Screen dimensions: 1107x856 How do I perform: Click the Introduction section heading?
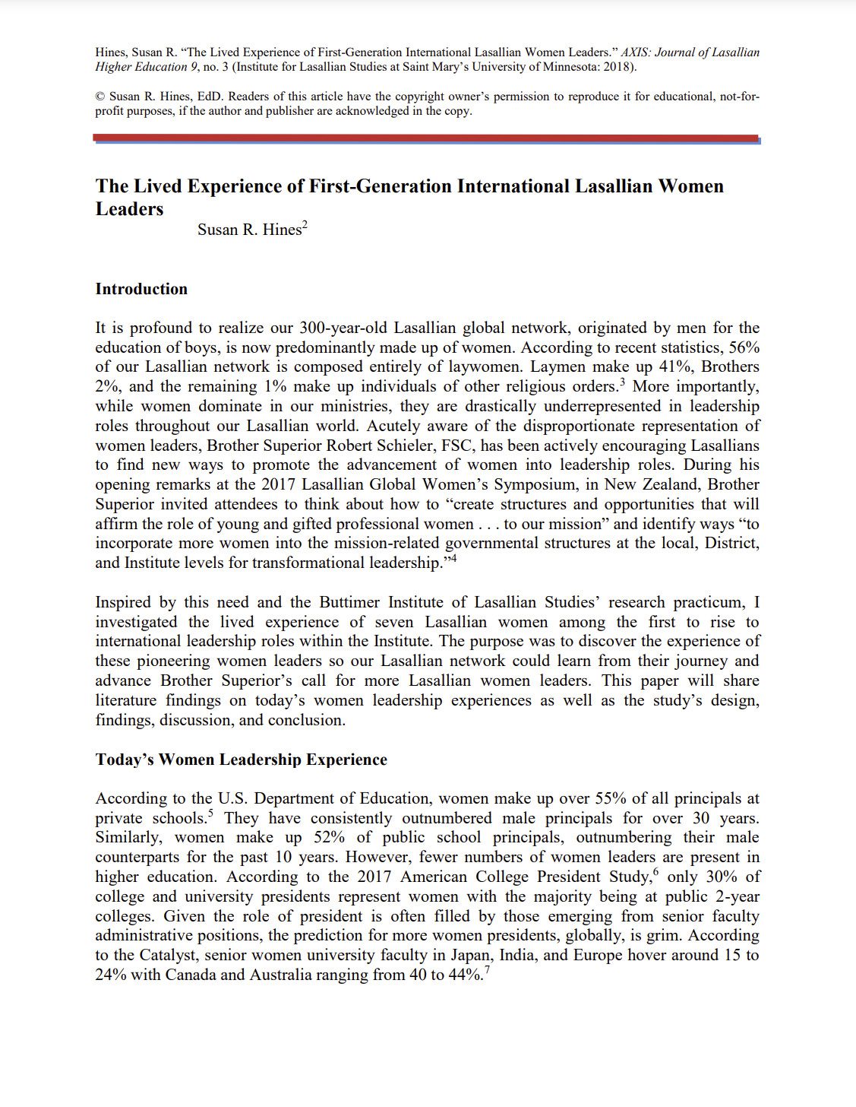coord(141,289)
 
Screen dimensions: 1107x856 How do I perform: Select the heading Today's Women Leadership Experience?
coord(241,760)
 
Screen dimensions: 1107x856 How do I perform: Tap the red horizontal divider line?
coord(425,138)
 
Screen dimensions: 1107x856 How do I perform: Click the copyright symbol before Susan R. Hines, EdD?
coord(99,97)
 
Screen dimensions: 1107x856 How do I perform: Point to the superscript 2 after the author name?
coord(305,224)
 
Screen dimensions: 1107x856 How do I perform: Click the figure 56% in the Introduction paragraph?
coord(744,347)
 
